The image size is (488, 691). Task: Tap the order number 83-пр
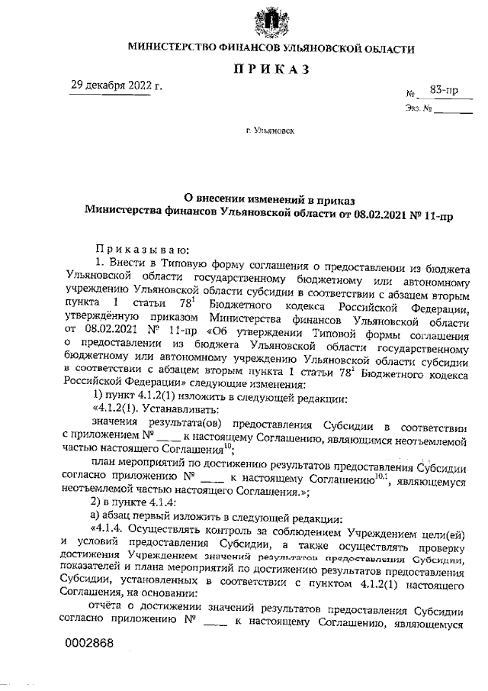[443, 91]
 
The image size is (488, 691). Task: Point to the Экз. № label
[419, 109]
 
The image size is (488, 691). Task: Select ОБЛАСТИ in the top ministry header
[389, 49]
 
